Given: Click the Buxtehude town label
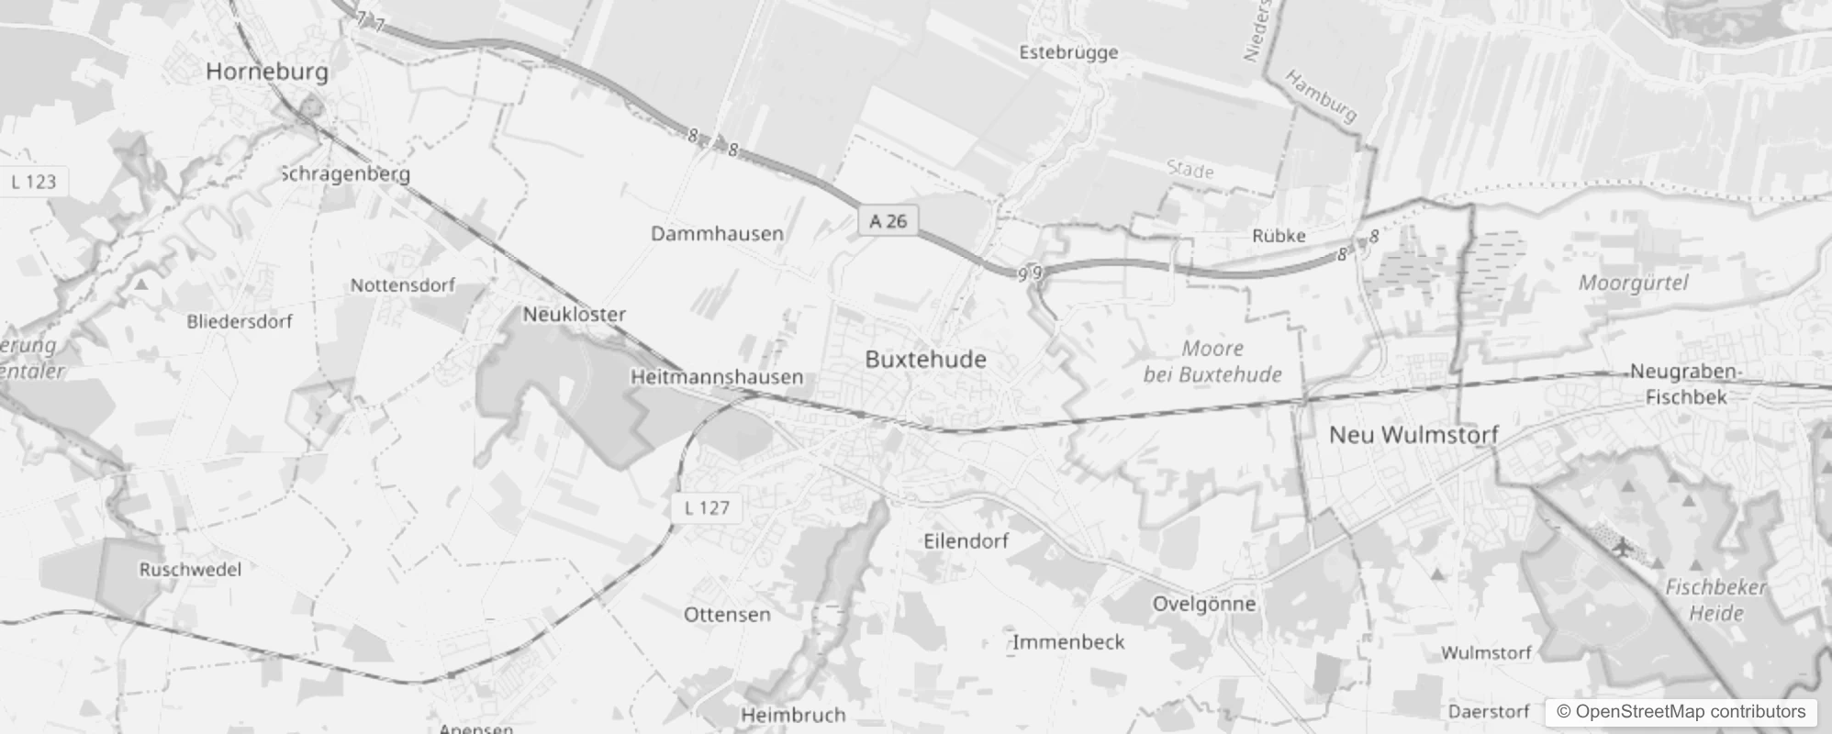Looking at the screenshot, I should point(925,360).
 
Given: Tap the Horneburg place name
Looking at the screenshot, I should point(266,72).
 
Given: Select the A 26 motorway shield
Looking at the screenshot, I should point(888,221).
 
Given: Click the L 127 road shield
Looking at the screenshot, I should point(707,507).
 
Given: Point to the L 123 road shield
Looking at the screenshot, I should point(34,182).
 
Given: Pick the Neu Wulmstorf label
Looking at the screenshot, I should point(1413,435).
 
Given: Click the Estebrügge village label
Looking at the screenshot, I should point(1068,52).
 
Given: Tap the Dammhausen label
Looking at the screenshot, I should point(717,234).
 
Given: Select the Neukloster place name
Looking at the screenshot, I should point(574,315).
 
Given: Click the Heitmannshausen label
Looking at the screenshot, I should point(716,377).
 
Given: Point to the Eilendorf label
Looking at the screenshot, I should point(966,541).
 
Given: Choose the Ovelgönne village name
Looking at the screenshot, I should point(1203,604).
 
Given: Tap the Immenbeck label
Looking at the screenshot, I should point(1067,642).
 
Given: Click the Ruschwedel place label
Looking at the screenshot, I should point(190,570).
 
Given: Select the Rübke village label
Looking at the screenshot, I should point(1279,237).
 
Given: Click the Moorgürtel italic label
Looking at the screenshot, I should point(1633,283).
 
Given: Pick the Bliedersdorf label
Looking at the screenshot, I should point(239,322).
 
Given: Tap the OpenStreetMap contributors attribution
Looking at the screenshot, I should point(1680,712).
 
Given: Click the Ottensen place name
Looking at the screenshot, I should point(727,615).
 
